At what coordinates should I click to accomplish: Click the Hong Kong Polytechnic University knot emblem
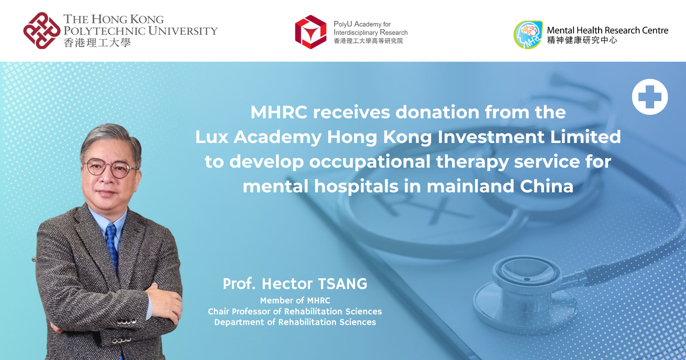pos(42,31)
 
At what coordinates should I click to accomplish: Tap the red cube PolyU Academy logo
pos(311,32)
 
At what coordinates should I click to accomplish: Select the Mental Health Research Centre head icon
pos(528,35)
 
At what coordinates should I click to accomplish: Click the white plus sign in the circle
pos(650,97)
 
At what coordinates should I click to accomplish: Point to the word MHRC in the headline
pos(279,112)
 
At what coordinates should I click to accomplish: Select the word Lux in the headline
pos(212,137)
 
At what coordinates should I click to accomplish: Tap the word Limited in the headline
pos(586,137)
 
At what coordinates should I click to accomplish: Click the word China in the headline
pos(546,187)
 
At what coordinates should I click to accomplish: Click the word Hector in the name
pos(287,284)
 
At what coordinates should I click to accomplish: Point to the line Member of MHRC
pos(295,301)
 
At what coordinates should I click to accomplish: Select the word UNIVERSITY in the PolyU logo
pos(183,31)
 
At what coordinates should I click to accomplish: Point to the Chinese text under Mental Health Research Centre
pos(582,40)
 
